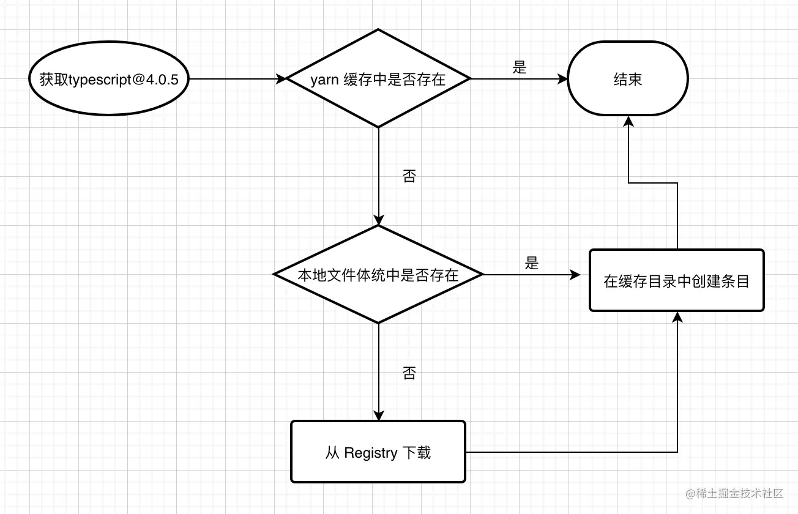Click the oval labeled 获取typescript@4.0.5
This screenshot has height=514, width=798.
109,79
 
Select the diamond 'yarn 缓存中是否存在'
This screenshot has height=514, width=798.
379,78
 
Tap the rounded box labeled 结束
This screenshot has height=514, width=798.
628,79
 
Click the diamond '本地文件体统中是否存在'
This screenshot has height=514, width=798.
379,275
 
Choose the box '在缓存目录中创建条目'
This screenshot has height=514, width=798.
676,281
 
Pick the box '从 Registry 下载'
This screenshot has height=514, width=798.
378,452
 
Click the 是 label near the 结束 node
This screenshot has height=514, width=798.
520,67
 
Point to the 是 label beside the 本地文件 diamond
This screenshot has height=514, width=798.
532,263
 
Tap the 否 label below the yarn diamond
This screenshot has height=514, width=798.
409,177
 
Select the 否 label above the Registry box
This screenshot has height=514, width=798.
409,373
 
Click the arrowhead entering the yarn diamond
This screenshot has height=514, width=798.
282,79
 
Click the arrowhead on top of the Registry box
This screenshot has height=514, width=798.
379,415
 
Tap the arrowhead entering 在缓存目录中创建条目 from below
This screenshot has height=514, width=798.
677,317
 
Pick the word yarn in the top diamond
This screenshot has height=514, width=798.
324,80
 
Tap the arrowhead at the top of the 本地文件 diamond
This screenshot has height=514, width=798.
379,220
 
